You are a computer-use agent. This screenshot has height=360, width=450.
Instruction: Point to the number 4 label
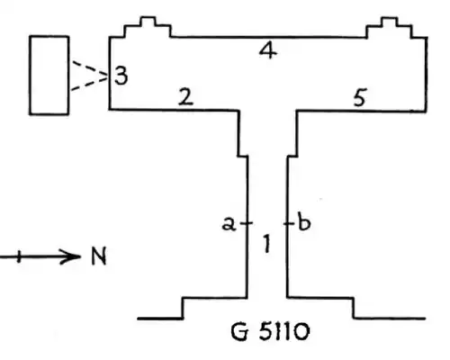266,51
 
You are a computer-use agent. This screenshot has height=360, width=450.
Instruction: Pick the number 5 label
359,98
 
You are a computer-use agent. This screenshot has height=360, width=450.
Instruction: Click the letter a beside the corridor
229,225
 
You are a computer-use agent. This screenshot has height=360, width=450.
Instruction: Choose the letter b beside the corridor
303,224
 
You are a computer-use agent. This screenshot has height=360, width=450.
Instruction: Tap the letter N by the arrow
97,257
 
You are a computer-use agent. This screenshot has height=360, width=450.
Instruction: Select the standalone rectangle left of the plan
49,75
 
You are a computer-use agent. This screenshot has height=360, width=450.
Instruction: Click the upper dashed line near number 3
87,68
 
